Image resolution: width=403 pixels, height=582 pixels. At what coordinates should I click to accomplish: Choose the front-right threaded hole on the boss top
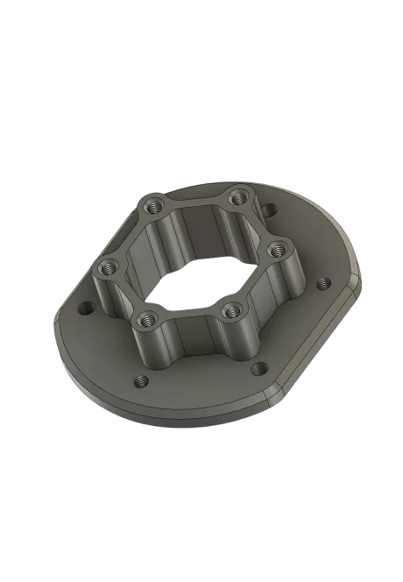231,308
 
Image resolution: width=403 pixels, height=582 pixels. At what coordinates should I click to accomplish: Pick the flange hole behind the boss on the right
269,209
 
